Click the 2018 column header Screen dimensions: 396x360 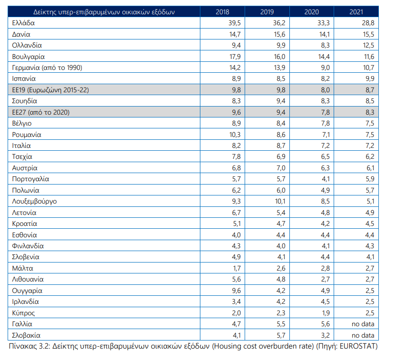[222, 12]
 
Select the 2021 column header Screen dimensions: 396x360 [356, 12]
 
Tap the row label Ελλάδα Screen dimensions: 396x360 [23, 23]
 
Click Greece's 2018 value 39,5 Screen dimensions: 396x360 [235, 23]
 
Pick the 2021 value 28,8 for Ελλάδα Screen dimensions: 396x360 [368, 23]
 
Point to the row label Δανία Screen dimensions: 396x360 [21, 34]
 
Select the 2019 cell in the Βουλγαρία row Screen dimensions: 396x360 [279, 57]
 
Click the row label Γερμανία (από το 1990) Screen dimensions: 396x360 [47, 68]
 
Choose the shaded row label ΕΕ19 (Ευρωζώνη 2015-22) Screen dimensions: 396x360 [50, 90]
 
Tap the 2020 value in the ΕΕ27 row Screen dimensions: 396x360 [325, 112]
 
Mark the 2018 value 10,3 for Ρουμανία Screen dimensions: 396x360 [235, 135]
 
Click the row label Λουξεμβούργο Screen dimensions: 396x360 [34, 201]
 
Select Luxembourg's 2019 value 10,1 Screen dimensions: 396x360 [280, 201]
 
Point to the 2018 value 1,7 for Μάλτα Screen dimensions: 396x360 [237, 268]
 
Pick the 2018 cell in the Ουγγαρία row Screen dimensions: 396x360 [237, 291]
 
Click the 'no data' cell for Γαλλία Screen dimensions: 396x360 [363, 324]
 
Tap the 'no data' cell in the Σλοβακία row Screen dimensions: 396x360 [363, 335]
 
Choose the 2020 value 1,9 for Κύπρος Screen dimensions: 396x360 [326, 313]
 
